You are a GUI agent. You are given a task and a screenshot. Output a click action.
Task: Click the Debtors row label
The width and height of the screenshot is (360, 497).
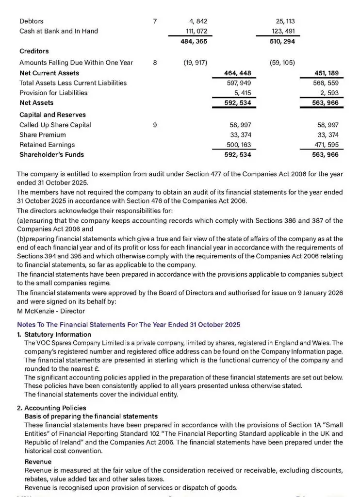(32, 21)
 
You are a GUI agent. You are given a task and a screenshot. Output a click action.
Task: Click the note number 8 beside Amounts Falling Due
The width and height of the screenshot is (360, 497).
(155, 62)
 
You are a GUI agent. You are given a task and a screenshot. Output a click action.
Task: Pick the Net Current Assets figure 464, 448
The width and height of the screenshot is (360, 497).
(237, 73)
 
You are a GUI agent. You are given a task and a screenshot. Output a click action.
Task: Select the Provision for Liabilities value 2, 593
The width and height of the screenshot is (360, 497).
(328, 93)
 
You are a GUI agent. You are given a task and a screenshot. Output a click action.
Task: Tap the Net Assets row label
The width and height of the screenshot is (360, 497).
(36, 103)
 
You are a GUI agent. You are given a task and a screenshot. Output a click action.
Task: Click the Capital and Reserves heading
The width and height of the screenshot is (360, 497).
(52, 115)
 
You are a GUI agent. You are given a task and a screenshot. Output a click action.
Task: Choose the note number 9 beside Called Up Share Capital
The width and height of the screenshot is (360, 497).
(155, 125)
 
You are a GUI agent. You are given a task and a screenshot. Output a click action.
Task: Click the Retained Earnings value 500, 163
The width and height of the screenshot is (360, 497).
(237, 145)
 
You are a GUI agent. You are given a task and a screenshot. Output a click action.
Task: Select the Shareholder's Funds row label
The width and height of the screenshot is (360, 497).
(51, 155)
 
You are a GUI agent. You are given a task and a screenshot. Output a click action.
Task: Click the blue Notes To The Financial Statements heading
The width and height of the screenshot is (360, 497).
(128, 324)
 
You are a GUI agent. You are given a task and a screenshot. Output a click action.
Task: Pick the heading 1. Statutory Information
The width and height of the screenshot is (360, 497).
(54, 334)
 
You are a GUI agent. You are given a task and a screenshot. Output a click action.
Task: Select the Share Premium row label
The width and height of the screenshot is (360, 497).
(43, 135)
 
